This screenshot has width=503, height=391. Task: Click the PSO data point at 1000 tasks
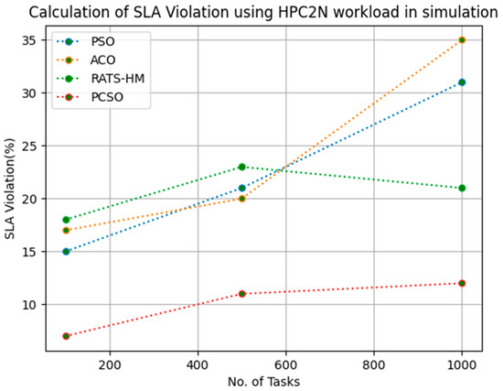[462, 81]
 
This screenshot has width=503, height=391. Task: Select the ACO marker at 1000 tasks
[462, 39]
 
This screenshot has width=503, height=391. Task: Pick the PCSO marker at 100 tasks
[66, 336]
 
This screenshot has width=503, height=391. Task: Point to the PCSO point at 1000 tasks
[462, 283]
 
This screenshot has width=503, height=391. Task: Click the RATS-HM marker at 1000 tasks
[462, 188]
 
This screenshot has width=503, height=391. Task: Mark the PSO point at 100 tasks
[66, 251]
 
